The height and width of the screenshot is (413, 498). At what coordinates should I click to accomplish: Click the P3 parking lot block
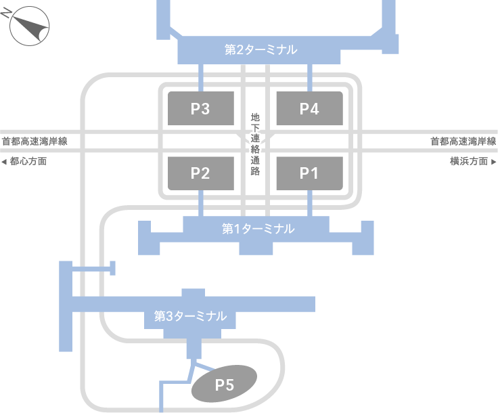coord(200,108)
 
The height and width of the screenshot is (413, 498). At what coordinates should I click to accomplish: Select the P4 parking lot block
coord(309,108)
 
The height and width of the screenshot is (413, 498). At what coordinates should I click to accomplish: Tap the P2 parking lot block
coord(200,173)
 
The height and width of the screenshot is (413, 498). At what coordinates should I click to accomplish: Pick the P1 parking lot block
coord(309,173)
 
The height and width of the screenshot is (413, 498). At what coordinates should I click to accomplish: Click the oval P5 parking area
coord(224,385)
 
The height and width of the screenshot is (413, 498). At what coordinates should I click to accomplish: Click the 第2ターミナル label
coord(261,49)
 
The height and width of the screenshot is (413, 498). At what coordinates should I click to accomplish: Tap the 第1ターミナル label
coord(258,229)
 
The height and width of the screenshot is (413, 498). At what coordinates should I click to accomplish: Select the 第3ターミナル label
coord(190,316)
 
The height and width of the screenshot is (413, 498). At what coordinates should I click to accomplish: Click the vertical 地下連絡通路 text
coord(255,144)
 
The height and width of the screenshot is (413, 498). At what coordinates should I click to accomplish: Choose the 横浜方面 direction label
coord(468,162)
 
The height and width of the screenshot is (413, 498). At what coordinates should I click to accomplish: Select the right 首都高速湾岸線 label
coord(463,142)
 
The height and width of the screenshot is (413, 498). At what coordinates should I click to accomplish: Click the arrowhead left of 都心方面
coord(5,162)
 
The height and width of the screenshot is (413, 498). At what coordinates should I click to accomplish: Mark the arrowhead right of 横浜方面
coord(493,162)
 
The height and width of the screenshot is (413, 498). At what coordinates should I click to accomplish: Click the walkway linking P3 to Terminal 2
coord(200,77)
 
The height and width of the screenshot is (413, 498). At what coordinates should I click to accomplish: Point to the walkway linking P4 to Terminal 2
coord(309,77)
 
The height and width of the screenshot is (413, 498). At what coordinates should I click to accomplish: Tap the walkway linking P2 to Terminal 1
coord(200,203)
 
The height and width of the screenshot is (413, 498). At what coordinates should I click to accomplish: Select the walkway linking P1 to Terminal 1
coord(309,203)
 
